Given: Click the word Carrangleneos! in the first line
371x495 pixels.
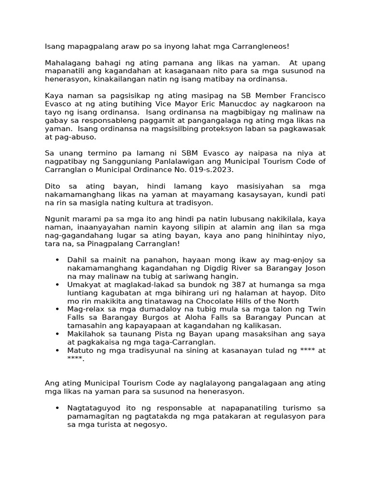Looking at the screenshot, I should point(261,47).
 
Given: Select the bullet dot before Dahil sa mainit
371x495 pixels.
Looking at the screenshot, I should point(57,260).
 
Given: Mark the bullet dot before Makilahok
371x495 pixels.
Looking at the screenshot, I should point(57,334).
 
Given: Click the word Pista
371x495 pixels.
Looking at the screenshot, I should point(157,334).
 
